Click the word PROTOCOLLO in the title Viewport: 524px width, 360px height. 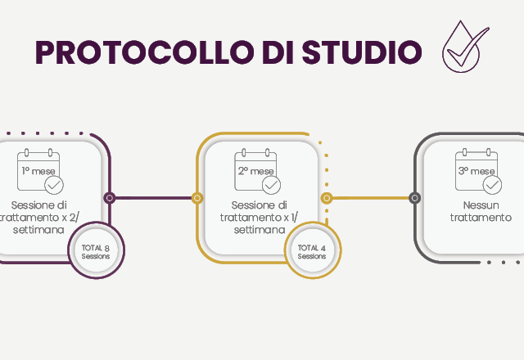pyautogui.click(x=144, y=52)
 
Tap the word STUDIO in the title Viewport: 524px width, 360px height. pyautogui.click(x=362, y=52)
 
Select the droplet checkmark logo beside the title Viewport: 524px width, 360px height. pyautogui.click(x=466, y=47)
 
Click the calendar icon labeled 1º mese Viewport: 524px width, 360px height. pyautogui.click(x=40, y=171)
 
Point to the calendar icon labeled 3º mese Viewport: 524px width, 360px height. pyautogui.click(x=478, y=171)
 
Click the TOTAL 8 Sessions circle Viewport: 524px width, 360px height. pyautogui.click(x=97, y=250)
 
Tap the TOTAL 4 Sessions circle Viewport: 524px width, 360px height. pyautogui.click(x=313, y=250)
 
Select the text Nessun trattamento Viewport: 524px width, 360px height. pyautogui.click(x=481, y=211)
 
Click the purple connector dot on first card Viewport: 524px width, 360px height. pyautogui.click(x=109, y=198)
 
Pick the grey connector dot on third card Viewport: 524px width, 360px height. pyautogui.click(x=415, y=198)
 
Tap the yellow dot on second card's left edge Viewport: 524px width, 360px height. pyautogui.click(x=197, y=198)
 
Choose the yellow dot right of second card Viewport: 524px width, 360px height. pyautogui.click(x=327, y=198)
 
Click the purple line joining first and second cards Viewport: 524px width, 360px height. pyautogui.click(x=153, y=198)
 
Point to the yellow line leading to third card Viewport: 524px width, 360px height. pyautogui.click(x=371, y=198)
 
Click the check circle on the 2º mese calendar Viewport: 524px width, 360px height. pyautogui.click(x=271, y=185)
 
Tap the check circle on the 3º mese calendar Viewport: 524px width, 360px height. pyautogui.click(x=492, y=185)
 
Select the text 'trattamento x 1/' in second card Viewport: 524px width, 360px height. pyautogui.click(x=259, y=218)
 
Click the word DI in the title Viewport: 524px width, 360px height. pyautogui.click(x=278, y=52)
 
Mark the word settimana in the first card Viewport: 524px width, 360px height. pyautogui.click(x=38, y=230)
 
